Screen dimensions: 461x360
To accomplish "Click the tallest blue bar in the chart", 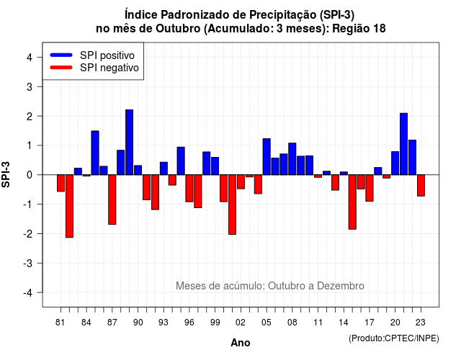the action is pyautogui.click(x=130, y=143).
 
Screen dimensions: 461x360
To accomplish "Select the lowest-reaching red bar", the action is pyautogui.click(x=69, y=206).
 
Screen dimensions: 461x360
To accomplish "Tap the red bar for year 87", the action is pyautogui.click(x=112, y=199).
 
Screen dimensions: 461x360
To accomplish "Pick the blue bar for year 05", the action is pyautogui.click(x=267, y=157).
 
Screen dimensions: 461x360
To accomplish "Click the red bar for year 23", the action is pyautogui.click(x=421, y=186).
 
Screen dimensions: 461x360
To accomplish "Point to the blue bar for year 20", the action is pyautogui.click(x=395, y=163).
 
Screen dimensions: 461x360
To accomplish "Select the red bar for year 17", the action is pyautogui.click(x=370, y=188).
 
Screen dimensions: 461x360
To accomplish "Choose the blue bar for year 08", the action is pyautogui.click(x=292, y=159).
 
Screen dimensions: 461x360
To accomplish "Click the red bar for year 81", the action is pyautogui.click(x=61, y=183).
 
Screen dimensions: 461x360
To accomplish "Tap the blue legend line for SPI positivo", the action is pyautogui.click(x=61, y=55).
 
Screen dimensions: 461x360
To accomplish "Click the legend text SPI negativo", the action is pyautogui.click(x=109, y=68).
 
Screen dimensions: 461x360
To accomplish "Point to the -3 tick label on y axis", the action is pyautogui.click(x=28, y=263).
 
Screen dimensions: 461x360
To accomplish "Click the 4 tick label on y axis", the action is pyautogui.click(x=30, y=58).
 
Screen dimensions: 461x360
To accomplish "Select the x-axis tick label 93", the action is pyautogui.click(x=164, y=323).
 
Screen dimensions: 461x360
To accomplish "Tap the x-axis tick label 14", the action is pyautogui.click(x=344, y=323).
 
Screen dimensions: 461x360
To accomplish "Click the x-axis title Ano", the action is pyautogui.click(x=241, y=343).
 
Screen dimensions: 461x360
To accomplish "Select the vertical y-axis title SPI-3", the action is pyautogui.click(x=6, y=174).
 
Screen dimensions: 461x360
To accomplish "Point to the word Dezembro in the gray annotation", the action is pyautogui.click(x=341, y=286).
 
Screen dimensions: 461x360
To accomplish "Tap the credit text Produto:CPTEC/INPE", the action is pyautogui.click(x=394, y=338).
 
